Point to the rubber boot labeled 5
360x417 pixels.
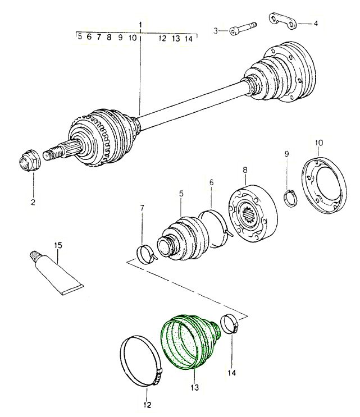click(x=181, y=237)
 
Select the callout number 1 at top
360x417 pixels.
click(x=140, y=25)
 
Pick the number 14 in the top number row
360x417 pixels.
click(x=189, y=39)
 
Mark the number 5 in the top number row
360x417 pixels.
click(x=80, y=38)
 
